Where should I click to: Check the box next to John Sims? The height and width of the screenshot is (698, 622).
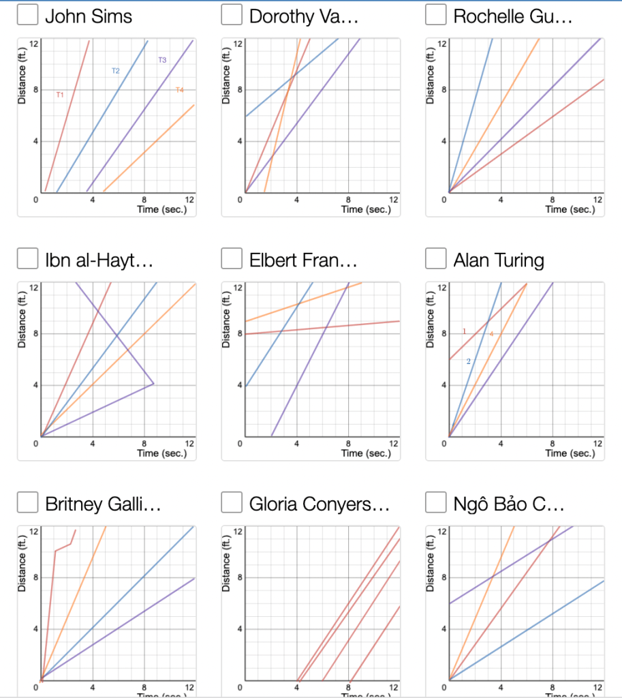tap(27, 16)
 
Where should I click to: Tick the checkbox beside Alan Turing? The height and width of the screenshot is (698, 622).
tap(436, 260)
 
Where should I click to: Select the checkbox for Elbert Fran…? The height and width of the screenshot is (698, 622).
tap(232, 260)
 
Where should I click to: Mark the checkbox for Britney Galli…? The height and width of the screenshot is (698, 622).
tap(27, 504)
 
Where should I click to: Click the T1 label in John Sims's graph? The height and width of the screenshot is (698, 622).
tap(60, 95)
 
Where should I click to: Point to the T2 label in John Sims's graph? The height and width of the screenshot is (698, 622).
tap(116, 71)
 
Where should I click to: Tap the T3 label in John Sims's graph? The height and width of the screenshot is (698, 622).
tap(162, 60)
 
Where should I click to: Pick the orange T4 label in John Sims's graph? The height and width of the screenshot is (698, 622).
tap(180, 90)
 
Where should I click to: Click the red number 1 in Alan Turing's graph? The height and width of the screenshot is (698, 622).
tap(465, 331)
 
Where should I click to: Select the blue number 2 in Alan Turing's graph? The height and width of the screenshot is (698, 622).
tap(469, 361)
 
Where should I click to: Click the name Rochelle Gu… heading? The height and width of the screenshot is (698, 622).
tap(512, 16)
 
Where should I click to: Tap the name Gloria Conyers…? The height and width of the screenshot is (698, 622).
tap(319, 504)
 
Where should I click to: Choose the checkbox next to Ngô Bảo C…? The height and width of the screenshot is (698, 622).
tap(436, 504)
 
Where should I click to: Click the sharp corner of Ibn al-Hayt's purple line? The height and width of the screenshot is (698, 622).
tap(154, 384)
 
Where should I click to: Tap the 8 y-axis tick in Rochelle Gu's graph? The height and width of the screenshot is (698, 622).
tap(444, 89)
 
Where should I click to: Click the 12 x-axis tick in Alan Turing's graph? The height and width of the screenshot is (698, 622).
tap(597, 444)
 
